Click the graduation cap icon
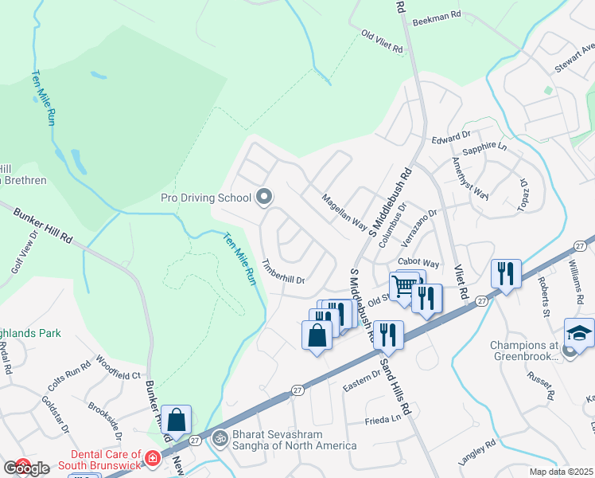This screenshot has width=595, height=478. (x=579, y=335)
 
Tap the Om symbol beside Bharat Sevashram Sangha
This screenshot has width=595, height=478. (x=220, y=438)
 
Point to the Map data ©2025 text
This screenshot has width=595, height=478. (x=562, y=472)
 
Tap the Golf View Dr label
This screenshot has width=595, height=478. (x=23, y=254)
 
